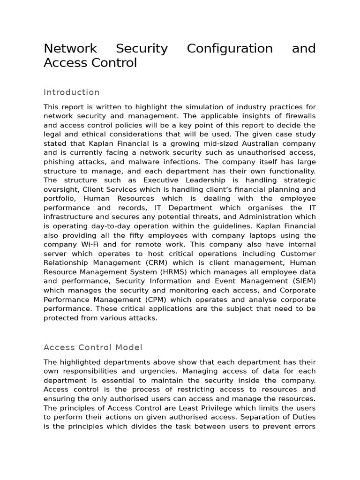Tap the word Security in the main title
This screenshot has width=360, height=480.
click(142, 49)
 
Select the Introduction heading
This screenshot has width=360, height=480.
click(72, 92)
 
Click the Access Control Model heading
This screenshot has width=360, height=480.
click(93, 347)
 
